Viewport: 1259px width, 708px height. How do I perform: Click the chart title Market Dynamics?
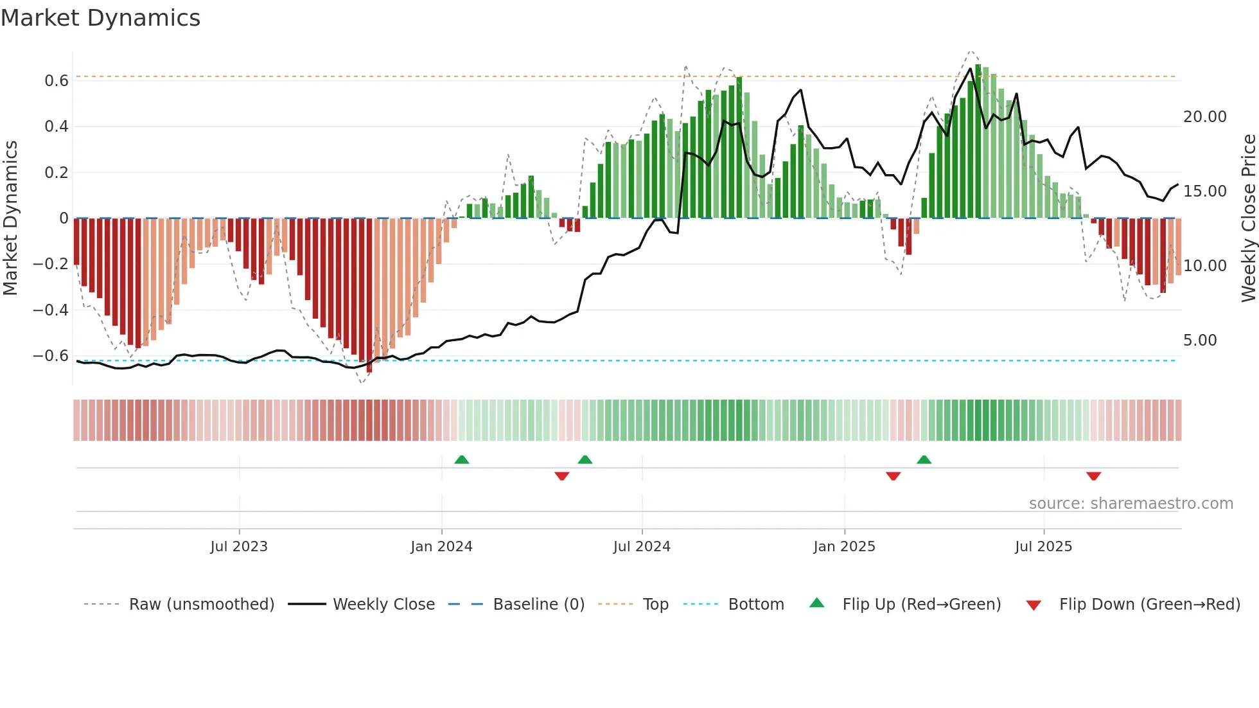100,18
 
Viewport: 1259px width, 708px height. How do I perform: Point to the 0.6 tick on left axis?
57,81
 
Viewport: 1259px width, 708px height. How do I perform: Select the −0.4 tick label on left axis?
51,310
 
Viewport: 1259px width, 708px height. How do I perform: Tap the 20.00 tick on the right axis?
1204,117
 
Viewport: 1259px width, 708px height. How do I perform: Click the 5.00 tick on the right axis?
1200,341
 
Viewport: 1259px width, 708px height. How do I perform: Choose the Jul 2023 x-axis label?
239,547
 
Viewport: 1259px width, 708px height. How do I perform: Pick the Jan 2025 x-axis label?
844,547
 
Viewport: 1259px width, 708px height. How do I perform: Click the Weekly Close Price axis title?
1248,218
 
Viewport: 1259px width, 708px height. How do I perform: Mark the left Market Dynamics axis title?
10,218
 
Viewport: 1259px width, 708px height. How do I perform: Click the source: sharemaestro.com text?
1131,504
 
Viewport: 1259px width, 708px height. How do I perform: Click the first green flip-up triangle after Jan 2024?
462,459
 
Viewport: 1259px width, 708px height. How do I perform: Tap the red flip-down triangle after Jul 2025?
1094,476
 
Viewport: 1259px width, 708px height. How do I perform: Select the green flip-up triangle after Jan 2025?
924,459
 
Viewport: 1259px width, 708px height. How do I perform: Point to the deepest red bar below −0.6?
369,366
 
